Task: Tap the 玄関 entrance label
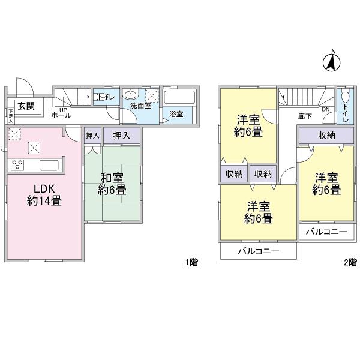[x=26, y=106]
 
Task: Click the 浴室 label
[x=175, y=113]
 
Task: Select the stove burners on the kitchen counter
[x=16, y=164]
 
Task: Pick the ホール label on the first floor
[x=61, y=115]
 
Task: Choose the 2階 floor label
[x=350, y=262]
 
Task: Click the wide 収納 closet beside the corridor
[x=326, y=136]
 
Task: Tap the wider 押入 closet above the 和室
[x=122, y=136]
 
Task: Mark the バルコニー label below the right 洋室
[x=326, y=231]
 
